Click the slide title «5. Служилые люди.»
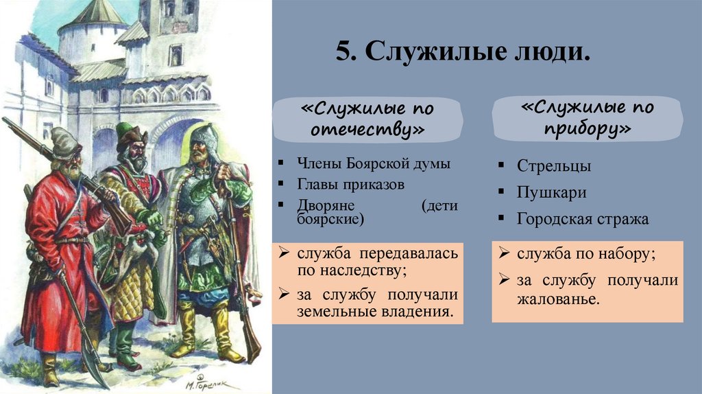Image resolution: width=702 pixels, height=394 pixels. [463, 53]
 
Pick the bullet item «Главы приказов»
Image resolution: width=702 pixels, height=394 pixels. [350, 185]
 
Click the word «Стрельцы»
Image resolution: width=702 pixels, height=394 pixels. [553, 165]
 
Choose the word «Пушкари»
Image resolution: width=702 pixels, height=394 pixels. [552, 192]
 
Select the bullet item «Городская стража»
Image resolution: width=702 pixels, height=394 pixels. [583, 219]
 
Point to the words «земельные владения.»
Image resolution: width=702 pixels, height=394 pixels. [375, 312]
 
